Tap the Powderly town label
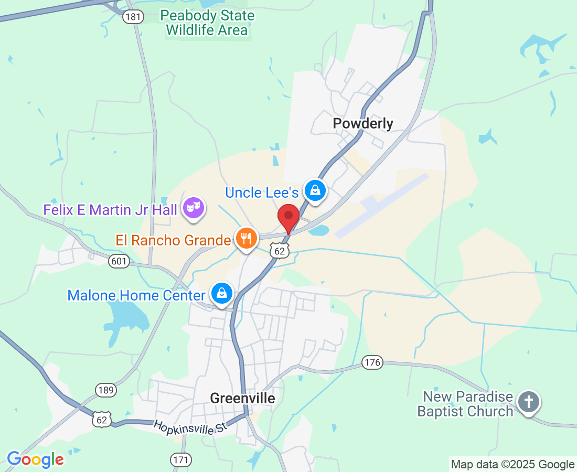click(x=363, y=124)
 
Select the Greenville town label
click(x=242, y=399)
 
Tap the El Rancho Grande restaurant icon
click(x=245, y=239)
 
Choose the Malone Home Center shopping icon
click(x=222, y=294)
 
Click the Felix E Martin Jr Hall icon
click(x=193, y=208)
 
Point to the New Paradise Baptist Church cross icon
click(x=529, y=403)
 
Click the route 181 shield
click(x=133, y=17)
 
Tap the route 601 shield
click(x=120, y=261)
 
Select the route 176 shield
click(x=372, y=362)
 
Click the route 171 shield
click(x=181, y=460)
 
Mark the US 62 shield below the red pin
click(x=280, y=251)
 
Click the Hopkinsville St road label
click(x=191, y=427)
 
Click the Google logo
click(x=36, y=460)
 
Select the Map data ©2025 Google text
click(x=513, y=464)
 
